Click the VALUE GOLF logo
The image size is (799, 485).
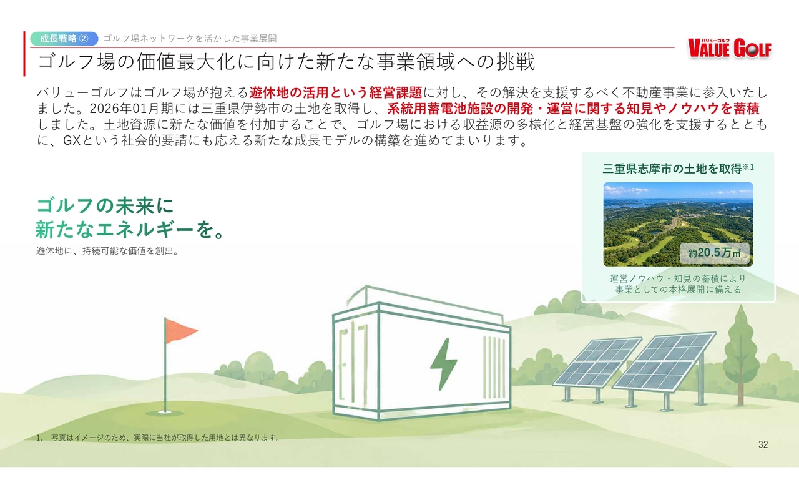(x=730, y=48)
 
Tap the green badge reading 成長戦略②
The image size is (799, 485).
(x=64, y=39)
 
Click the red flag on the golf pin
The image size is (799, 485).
(x=181, y=330)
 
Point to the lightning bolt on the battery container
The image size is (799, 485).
(x=443, y=364)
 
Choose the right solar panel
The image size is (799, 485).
(x=664, y=361)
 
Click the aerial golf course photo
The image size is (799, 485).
(x=678, y=224)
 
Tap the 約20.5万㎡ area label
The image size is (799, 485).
(x=715, y=253)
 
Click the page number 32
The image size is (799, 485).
(x=763, y=444)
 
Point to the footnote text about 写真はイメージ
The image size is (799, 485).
(x=159, y=438)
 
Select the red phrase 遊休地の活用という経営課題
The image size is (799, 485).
(x=336, y=93)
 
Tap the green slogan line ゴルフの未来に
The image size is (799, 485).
(x=105, y=206)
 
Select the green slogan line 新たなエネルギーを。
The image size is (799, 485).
(x=130, y=229)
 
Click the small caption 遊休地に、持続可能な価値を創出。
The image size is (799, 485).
(x=107, y=251)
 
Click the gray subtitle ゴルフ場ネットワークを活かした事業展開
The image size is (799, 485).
(x=190, y=39)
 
